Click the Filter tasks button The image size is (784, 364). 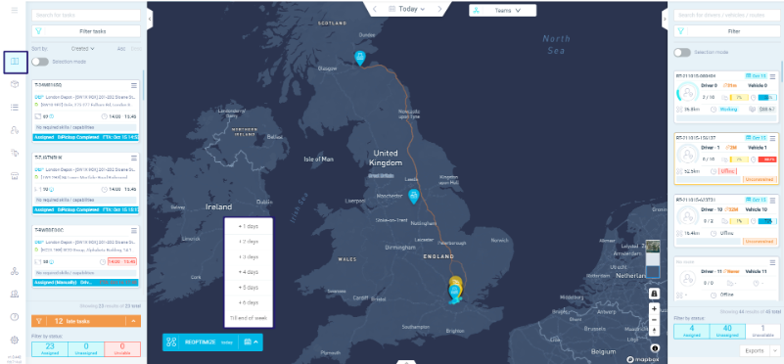point(87,31)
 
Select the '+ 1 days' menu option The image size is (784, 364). point(249,226)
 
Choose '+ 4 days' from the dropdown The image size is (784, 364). point(249,271)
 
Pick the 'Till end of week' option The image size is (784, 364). point(249,317)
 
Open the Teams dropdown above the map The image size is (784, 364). point(503,10)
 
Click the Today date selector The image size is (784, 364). point(407,9)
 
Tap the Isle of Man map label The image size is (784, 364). point(319,159)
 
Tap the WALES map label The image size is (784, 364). point(349,260)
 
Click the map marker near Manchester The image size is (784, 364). point(414,198)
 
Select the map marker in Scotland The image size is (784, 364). point(360,57)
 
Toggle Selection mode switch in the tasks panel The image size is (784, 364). point(40,61)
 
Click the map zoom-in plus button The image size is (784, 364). point(654,307)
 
